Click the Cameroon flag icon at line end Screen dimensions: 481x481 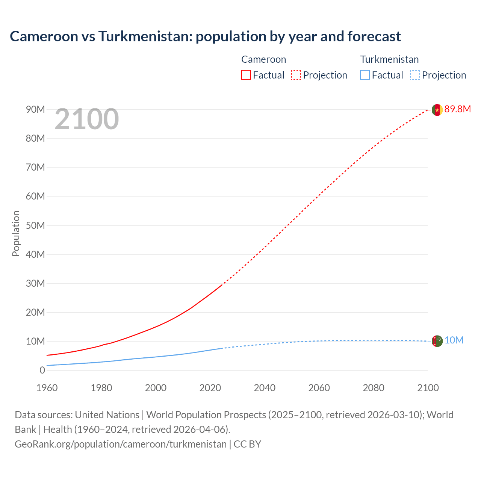click(437, 110)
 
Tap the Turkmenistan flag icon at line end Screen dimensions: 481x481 click(437, 341)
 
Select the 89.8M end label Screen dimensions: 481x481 click(457, 109)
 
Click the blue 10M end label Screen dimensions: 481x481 click(454, 340)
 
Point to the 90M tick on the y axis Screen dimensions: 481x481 click(35, 109)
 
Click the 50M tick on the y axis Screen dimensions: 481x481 click(35, 225)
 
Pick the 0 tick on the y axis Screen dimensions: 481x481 click(42, 370)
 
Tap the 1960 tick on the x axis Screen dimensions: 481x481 click(47, 388)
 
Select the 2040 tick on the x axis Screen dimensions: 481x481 click(265, 388)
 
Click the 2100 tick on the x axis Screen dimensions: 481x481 click(428, 388)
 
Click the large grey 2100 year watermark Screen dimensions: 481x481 click(87, 119)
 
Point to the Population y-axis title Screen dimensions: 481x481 click(16, 233)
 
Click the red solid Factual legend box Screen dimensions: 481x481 click(246, 75)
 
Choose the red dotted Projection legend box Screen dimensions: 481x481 click(296, 75)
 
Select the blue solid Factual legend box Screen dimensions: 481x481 click(365, 75)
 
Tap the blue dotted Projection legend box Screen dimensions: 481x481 click(415, 75)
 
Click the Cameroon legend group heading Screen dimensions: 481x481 click(263, 59)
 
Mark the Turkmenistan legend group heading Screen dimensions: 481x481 click(389, 59)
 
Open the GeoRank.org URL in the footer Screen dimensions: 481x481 click(121, 444)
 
